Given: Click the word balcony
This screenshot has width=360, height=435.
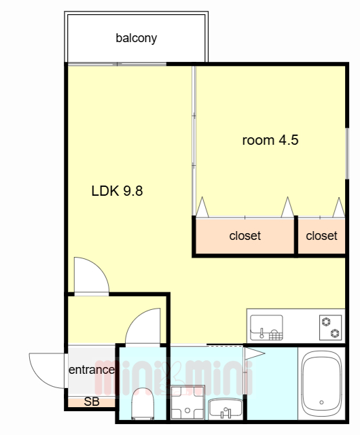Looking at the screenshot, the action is point(136,38).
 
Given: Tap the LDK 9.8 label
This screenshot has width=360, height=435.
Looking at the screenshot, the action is point(117,191).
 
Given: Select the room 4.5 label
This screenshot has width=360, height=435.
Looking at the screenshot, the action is point(270,140).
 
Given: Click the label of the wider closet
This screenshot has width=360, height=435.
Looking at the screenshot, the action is point(245,236).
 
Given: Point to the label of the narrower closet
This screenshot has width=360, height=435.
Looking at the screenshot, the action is point(321,236).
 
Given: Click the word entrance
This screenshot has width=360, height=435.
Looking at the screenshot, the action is point(92,370).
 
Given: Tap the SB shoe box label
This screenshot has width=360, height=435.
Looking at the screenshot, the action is point(92,402).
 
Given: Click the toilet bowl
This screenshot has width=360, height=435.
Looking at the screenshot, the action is point(143,404).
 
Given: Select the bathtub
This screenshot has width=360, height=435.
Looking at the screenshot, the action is point(322,383).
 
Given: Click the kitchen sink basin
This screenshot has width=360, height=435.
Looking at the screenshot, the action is point(266,328).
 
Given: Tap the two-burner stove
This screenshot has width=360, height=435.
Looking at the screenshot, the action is point(330,328).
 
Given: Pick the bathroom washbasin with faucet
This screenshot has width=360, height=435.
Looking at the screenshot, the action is point(226,408).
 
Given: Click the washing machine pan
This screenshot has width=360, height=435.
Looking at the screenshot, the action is point(187,402).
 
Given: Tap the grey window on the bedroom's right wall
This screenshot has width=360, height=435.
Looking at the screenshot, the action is point(346,154).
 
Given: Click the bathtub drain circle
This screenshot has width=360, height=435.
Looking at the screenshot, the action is point(321,402).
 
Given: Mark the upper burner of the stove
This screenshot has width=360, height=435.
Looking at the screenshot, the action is point(326,321).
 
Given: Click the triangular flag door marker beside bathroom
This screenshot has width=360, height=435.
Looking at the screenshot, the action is point(253,353).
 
